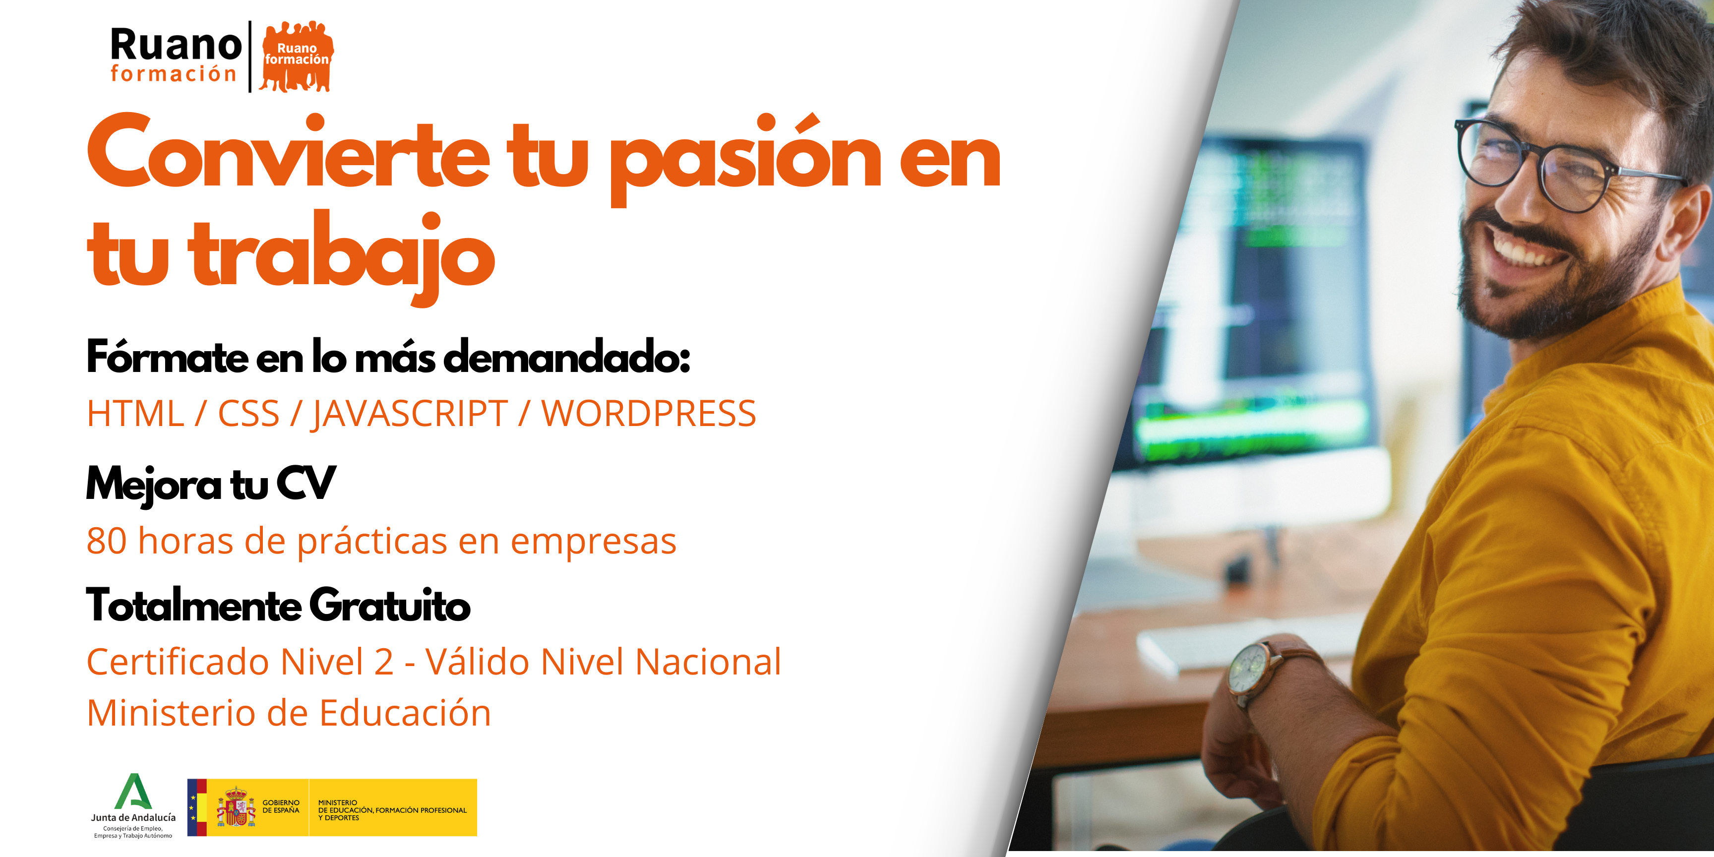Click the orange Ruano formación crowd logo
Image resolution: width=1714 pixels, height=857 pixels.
point(296,57)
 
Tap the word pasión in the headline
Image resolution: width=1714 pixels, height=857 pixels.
point(746,160)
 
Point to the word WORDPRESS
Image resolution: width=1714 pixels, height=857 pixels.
point(649,413)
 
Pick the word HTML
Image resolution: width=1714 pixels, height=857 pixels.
point(135,413)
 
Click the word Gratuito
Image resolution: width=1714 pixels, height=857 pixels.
point(390,606)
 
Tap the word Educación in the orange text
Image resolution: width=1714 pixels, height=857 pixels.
point(405,713)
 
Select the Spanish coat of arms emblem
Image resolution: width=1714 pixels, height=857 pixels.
point(236,806)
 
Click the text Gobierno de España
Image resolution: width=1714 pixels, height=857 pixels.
point(281,806)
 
